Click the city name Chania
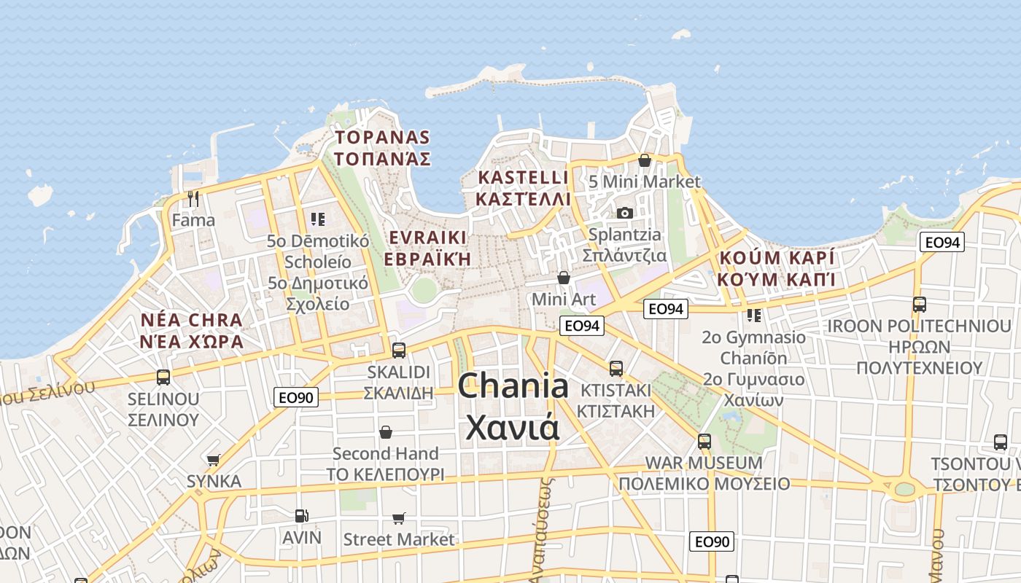[513, 386]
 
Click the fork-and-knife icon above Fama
[193, 198]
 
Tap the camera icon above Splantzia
[624, 213]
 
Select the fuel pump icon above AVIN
[301, 516]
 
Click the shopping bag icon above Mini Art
[563, 278]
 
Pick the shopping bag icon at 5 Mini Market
[644, 160]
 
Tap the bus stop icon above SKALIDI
[398, 351]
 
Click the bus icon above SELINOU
[163, 377]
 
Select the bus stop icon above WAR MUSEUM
[704, 441]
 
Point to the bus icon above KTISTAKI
[616, 369]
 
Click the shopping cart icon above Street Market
[398, 518]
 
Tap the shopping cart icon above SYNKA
[213, 460]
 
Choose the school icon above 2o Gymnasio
[754, 316]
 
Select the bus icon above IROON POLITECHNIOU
[919, 305]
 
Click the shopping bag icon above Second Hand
[385, 432]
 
